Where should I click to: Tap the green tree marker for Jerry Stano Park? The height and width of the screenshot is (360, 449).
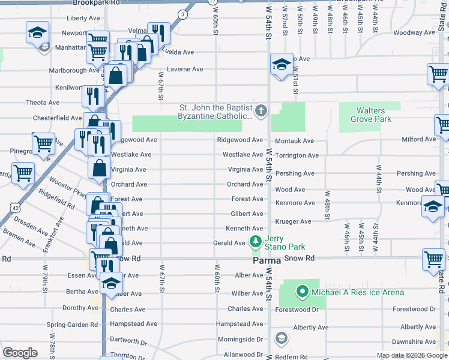[256, 242]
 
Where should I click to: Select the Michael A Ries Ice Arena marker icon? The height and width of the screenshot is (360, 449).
[303, 293]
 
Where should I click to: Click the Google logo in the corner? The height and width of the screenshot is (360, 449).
[20, 353]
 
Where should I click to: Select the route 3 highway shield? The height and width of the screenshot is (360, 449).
[181, 13]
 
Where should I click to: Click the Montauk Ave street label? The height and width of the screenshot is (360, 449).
[294, 141]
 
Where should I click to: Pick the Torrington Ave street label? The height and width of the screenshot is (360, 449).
[297, 155]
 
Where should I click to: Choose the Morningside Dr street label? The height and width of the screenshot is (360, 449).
[240, 339]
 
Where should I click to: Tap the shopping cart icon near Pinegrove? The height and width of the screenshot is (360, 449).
[43, 144]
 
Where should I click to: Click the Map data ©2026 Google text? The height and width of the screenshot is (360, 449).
[411, 355]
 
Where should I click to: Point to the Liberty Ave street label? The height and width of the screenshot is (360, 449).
[83, 19]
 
